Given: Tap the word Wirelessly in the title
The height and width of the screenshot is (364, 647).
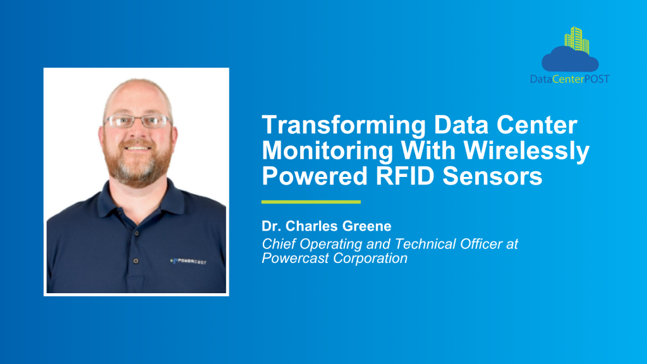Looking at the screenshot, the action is [526, 151].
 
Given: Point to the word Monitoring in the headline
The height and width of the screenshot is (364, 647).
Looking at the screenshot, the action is [328, 151].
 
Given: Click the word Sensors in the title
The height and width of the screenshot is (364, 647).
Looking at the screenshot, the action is [492, 176].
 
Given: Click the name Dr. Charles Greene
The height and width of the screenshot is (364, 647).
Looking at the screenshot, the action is [327, 226].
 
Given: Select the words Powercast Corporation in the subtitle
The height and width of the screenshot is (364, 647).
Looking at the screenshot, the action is [335, 258].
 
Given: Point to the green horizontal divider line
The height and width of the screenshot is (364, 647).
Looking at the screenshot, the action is [311, 202].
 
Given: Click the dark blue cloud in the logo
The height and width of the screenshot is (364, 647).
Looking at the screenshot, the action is [570, 59].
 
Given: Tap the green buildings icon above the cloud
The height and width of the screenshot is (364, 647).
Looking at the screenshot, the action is [577, 40].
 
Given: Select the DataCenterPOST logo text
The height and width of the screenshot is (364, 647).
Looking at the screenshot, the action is [570, 79].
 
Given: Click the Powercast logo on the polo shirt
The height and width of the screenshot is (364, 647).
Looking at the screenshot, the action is [188, 261].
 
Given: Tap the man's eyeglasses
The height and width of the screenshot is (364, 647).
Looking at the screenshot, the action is [138, 121].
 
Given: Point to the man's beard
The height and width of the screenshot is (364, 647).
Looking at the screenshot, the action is [138, 163].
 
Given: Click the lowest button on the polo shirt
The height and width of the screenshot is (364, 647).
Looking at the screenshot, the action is [136, 261].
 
